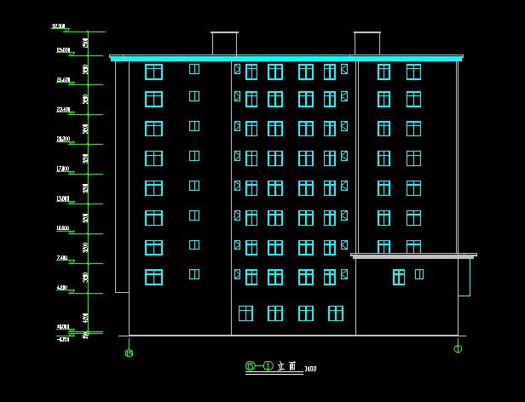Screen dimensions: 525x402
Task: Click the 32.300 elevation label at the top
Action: click(59, 26)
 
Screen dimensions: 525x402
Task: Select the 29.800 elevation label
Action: click(61, 50)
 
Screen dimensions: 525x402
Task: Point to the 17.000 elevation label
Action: click(61, 169)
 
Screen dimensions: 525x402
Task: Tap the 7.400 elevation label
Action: click(61, 257)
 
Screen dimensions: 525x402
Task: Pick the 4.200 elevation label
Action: click(61, 288)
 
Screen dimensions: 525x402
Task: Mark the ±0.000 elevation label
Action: click(61, 326)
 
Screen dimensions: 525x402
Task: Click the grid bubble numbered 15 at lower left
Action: click(129, 352)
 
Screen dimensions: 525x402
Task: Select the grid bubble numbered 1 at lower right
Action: click(458, 347)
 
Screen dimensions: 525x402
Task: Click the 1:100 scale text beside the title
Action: click(309, 369)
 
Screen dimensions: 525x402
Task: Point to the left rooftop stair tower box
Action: click(224, 43)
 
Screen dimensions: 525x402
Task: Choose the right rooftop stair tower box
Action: click(366, 43)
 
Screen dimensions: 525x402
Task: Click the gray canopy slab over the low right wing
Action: click(413, 255)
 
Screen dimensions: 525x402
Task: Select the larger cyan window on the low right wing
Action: click(398, 276)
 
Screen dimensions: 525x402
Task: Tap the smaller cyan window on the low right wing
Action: click(418, 274)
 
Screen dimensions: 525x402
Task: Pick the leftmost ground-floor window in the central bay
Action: click(245, 313)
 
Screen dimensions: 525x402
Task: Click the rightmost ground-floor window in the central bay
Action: click(335, 313)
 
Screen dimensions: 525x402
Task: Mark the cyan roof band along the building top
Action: click(286, 58)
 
